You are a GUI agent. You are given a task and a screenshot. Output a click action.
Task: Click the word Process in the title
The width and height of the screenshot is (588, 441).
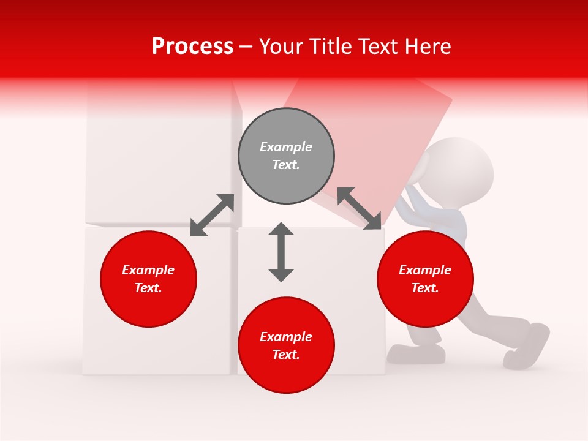[x=192, y=47]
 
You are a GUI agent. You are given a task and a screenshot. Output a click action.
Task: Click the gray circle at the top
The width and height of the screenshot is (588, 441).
[x=286, y=156]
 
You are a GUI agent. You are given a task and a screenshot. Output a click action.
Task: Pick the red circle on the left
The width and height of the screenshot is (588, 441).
[x=148, y=279]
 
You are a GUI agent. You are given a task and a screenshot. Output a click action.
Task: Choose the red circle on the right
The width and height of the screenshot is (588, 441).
[x=425, y=279]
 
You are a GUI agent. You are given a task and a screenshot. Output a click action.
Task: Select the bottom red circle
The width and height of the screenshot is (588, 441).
[x=286, y=345]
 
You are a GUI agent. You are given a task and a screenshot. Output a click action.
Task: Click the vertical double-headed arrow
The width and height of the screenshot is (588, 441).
[x=281, y=252]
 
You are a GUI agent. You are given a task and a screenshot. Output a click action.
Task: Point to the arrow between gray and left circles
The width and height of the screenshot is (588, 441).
[x=212, y=215]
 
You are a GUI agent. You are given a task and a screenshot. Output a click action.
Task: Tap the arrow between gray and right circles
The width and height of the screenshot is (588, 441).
[x=360, y=208]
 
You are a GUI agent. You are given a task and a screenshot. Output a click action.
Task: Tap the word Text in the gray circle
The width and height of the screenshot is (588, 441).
[x=285, y=165]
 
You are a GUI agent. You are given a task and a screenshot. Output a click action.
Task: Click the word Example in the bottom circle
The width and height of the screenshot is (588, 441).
[x=285, y=337]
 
